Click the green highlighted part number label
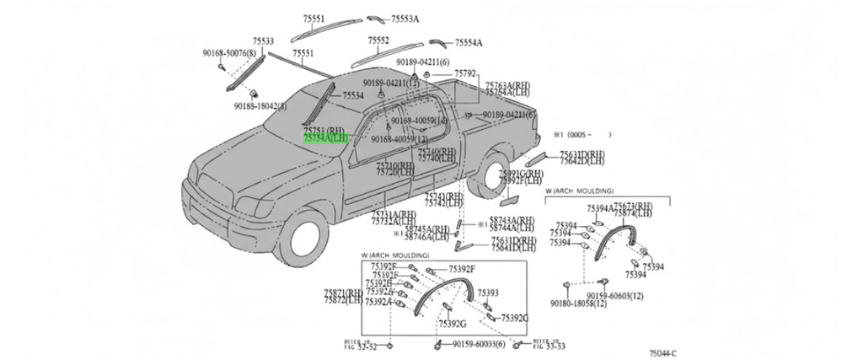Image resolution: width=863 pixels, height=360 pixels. tap(325, 138)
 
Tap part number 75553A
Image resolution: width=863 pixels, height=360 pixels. tap(405, 19)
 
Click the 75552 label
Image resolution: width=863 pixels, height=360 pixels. tap(378, 40)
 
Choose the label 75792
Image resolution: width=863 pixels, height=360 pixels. tap(465, 74)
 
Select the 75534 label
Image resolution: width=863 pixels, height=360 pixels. tap(352, 96)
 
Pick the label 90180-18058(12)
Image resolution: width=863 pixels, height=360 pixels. tap(578, 304)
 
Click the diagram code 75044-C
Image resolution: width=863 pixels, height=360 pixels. tap(663, 354)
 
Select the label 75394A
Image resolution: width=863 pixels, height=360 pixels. tap(599, 208)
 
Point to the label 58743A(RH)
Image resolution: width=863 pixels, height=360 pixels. tap(512, 220)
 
